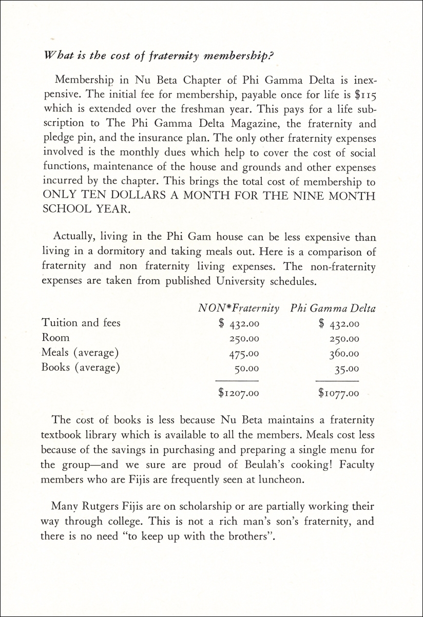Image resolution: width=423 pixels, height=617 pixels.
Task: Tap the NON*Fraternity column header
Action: point(239,308)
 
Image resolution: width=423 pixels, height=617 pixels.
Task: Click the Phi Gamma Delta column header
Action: point(332,308)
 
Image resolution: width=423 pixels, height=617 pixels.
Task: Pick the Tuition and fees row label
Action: point(81,323)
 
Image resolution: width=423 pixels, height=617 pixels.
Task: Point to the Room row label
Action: point(55,338)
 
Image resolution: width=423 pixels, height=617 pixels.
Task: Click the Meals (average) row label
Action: point(80,353)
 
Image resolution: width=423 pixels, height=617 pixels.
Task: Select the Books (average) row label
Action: point(80,368)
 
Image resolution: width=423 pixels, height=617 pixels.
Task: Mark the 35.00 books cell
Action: point(347,369)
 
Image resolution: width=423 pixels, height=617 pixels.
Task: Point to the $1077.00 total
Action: point(338,394)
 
